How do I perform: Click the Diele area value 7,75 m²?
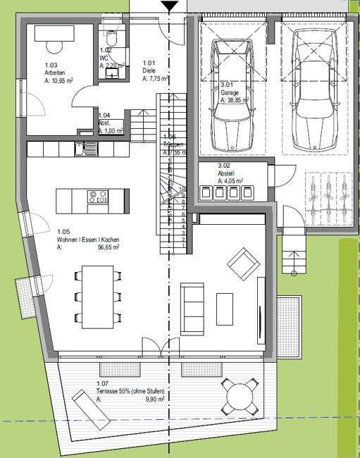pyautogui.click(x=156, y=80)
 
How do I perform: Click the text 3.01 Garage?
pyautogui.click(x=230, y=92)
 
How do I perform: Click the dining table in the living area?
pyautogui.click(x=97, y=297)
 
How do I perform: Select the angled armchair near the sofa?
pyautogui.click(x=243, y=264)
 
